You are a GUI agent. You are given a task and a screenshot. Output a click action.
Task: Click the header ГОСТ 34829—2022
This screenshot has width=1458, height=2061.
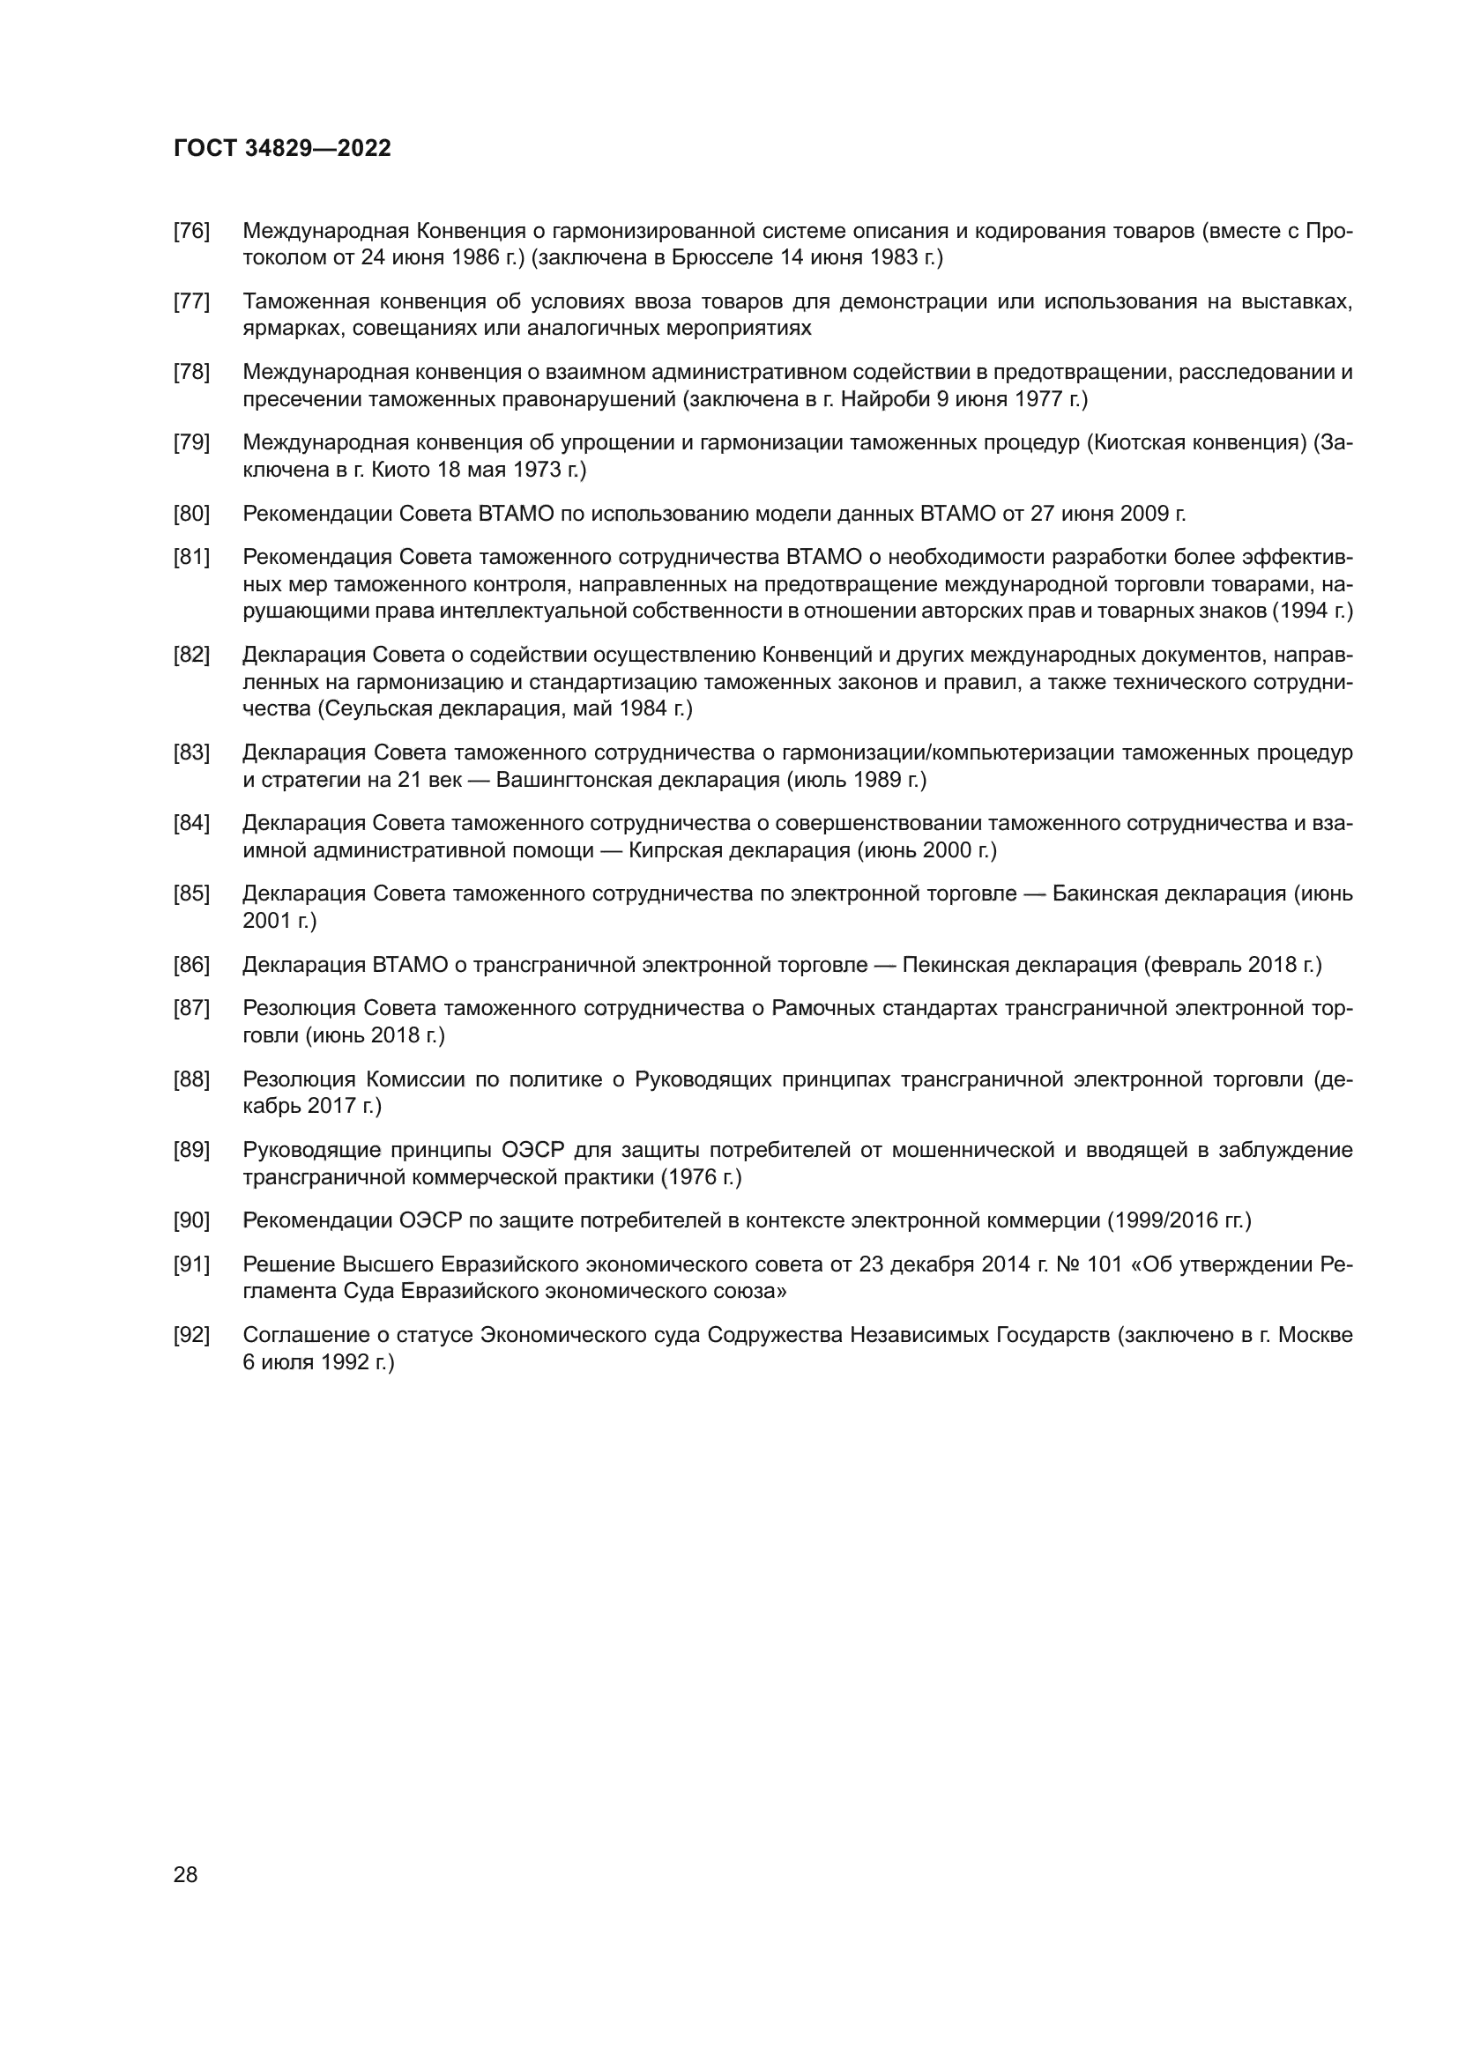(x=282, y=149)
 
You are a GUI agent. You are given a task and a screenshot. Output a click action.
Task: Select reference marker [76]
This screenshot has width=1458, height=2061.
(x=191, y=231)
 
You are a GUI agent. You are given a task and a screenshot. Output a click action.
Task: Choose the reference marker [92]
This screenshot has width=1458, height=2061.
(x=191, y=1335)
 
